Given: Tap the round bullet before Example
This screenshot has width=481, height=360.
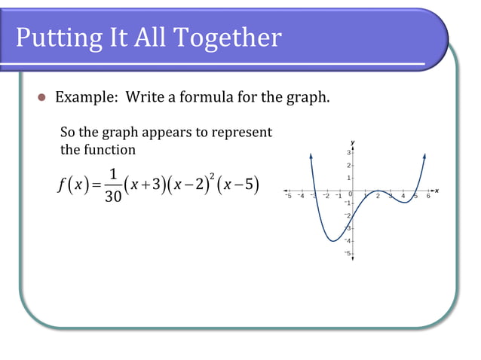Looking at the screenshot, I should click(x=42, y=98).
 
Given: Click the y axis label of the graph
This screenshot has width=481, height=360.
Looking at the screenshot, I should click(x=352, y=142).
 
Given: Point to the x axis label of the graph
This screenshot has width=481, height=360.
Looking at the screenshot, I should click(x=437, y=191).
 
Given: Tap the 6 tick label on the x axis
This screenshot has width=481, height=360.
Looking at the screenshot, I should click(x=428, y=197).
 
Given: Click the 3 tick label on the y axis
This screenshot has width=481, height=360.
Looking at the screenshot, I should click(x=347, y=153).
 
